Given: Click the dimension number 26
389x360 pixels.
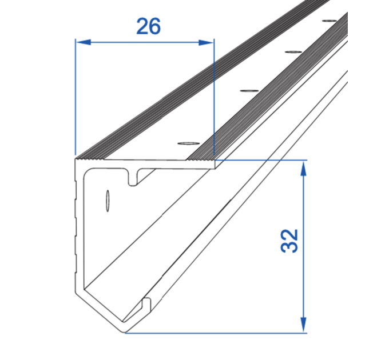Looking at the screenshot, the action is [148, 26].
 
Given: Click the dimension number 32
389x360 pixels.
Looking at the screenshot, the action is [289, 241].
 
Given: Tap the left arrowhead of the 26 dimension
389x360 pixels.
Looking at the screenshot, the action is [84, 42].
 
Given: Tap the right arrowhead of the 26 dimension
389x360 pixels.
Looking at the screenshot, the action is [206, 42].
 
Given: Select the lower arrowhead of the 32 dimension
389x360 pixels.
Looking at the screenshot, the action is [303, 325].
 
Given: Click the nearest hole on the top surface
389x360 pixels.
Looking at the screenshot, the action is [189, 143].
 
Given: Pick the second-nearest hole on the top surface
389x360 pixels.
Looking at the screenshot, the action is [249, 91].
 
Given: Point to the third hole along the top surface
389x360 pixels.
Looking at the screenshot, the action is [293, 52].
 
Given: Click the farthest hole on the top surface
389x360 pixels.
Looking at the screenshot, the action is [330, 21].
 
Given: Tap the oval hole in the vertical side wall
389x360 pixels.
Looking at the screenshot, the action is [108, 201].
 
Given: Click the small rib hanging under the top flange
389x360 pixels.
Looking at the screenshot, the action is [133, 178].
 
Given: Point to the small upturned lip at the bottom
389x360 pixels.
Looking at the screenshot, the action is [146, 305].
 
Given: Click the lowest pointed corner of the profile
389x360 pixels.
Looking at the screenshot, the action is [125, 333].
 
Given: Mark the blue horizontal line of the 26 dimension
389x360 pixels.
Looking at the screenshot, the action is [145, 42].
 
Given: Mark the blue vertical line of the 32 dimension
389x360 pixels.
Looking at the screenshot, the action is [303, 247].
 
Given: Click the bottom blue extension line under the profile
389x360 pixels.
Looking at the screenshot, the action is [216, 333].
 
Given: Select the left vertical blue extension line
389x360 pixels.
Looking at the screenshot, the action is [76, 97].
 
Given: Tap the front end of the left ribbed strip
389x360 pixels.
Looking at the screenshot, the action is [89, 158].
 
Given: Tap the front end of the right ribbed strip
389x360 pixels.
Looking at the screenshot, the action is [200, 158].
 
